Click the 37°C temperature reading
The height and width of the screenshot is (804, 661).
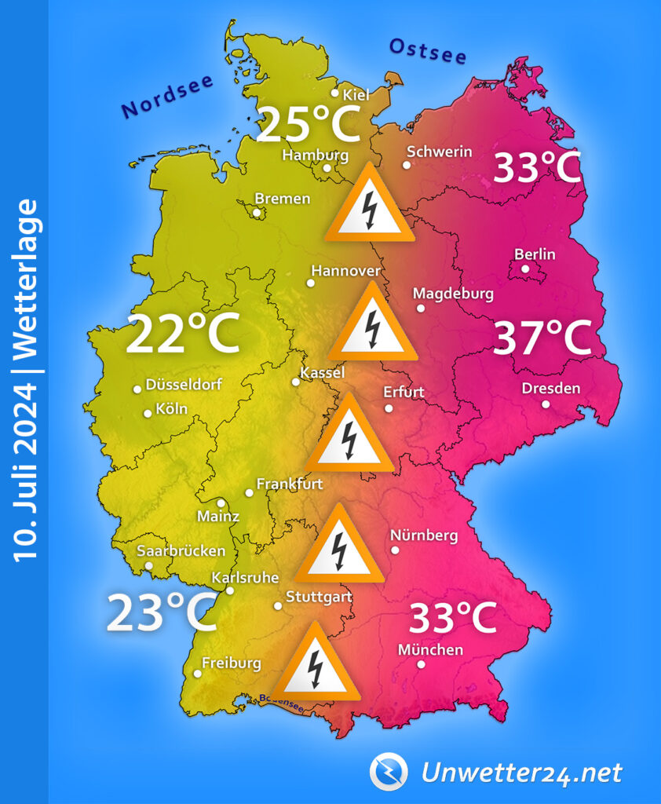click(542, 338)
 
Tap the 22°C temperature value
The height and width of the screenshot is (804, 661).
click(182, 334)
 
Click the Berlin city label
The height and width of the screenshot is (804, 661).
click(535, 254)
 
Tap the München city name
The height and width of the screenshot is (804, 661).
click(430, 650)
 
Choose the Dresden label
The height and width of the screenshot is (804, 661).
click(551, 389)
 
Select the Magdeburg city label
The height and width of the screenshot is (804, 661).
click(453, 294)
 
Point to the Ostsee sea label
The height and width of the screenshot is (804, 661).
click(428, 52)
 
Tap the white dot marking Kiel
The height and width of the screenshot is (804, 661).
click(335, 93)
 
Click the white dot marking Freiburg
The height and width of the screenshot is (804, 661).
click(197, 674)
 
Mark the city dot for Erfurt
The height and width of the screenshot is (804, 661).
click(389, 408)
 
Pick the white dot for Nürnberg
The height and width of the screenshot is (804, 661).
click(395, 550)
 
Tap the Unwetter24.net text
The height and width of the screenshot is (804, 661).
click(521, 773)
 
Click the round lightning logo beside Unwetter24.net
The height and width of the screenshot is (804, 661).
click(389, 772)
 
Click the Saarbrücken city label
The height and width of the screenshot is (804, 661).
click(181, 551)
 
